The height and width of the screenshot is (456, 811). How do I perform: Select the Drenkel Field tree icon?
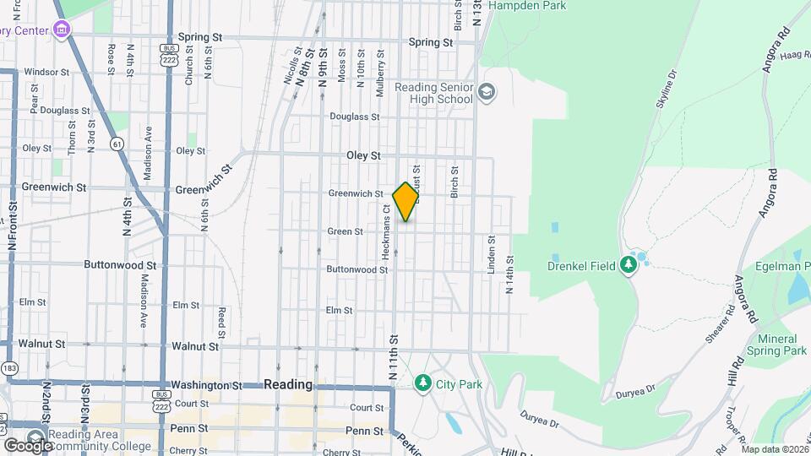point(628,265)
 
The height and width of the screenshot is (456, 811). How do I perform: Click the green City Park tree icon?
point(423,383)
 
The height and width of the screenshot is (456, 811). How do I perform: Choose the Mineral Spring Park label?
point(777,344)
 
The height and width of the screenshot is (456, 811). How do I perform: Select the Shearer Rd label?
point(718,325)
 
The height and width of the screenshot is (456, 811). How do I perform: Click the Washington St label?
point(207,385)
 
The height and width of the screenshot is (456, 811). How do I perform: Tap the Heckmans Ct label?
point(385,231)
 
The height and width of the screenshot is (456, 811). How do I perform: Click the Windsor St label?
point(46,72)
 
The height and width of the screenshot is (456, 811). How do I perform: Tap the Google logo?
point(28,445)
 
